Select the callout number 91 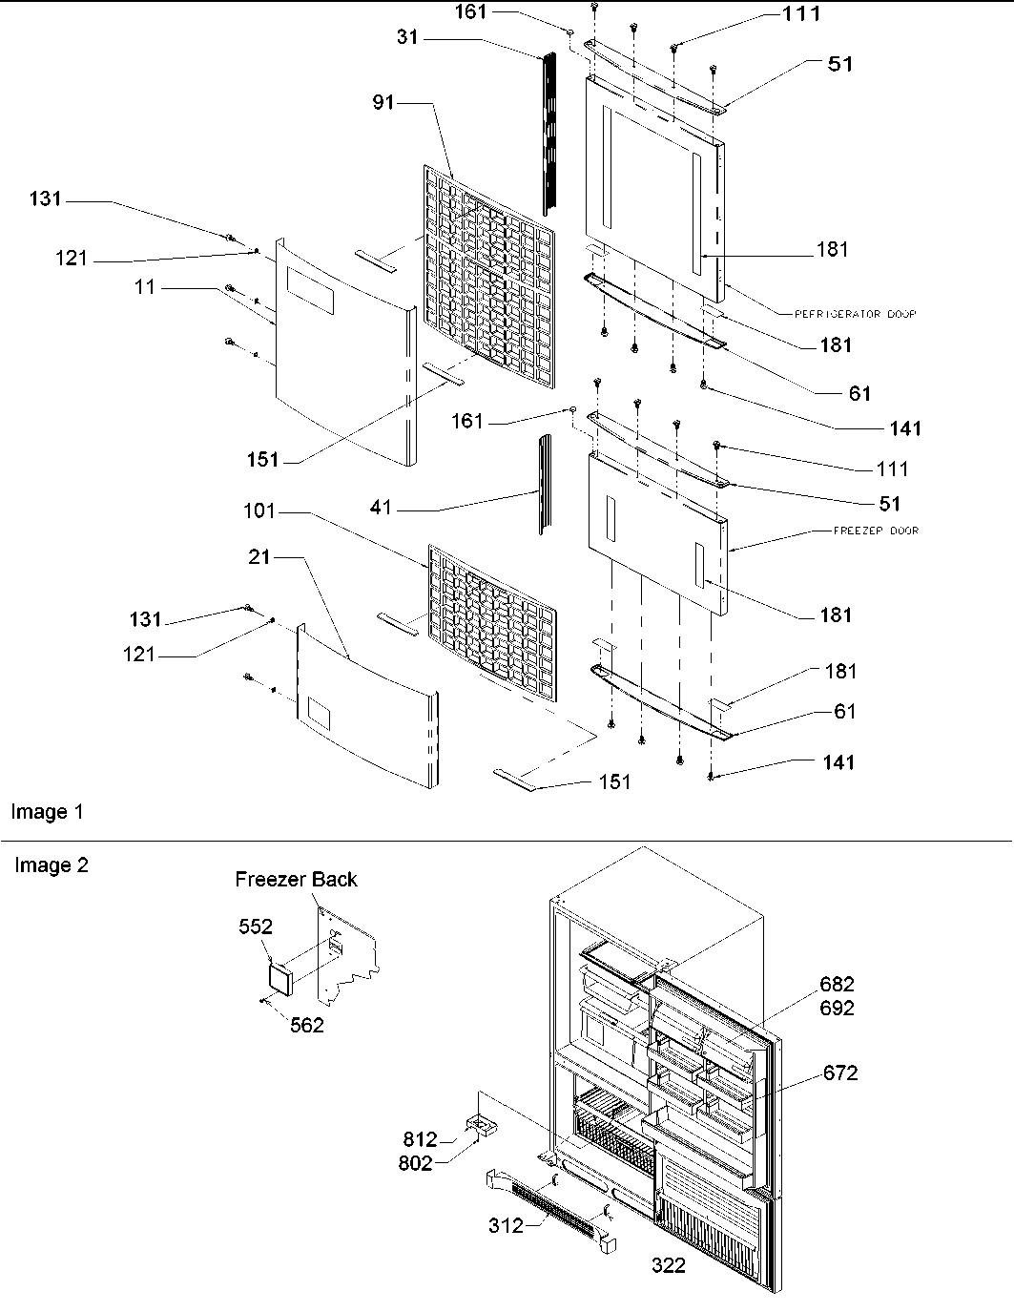pos(383,102)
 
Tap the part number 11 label pos(145,286)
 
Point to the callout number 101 pos(259,511)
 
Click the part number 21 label pos(259,557)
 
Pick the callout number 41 pos(382,509)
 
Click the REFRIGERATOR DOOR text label pos(842,314)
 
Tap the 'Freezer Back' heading pos(296,879)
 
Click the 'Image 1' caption pos(47,812)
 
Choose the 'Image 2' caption pos(51,865)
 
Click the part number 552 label pos(256,927)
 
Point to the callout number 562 pos(307,1025)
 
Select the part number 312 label pos(506,1225)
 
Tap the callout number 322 pos(668,1266)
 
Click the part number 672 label pos(840,1073)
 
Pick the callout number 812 pos(420,1139)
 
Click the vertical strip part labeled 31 pos(548,134)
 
